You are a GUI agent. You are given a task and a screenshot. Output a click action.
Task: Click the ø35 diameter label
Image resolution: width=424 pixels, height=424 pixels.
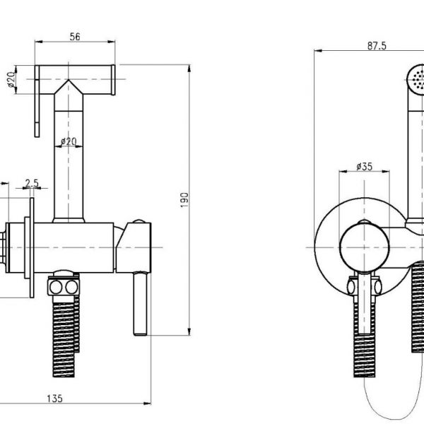pyautogui.click(x=364, y=166)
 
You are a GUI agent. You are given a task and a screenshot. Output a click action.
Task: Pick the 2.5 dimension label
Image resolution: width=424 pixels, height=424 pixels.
pyautogui.click(x=31, y=183)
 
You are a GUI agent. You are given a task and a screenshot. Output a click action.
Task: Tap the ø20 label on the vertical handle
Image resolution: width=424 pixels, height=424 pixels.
pyautogui.click(x=69, y=142)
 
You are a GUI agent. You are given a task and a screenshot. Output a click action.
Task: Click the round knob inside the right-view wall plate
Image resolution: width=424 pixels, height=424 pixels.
pyautogui.click(x=363, y=247)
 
